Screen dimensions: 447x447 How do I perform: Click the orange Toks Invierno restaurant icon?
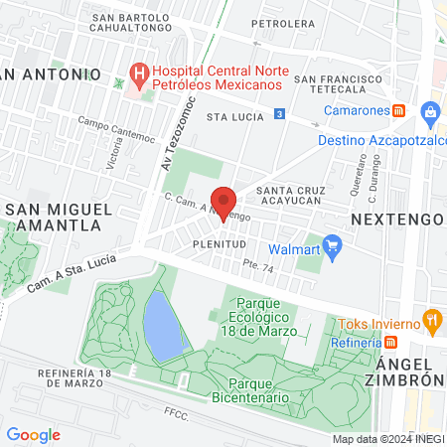click(431, 321)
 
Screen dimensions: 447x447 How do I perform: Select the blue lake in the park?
click(165, 323)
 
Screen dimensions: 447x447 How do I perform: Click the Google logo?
click(33, 435)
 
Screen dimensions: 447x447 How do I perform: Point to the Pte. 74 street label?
click(258, 265)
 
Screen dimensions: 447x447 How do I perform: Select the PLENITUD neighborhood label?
click(220, 243)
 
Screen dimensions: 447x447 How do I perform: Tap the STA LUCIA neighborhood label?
click(233, 116)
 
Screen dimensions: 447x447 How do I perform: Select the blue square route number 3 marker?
click(280, 115)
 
